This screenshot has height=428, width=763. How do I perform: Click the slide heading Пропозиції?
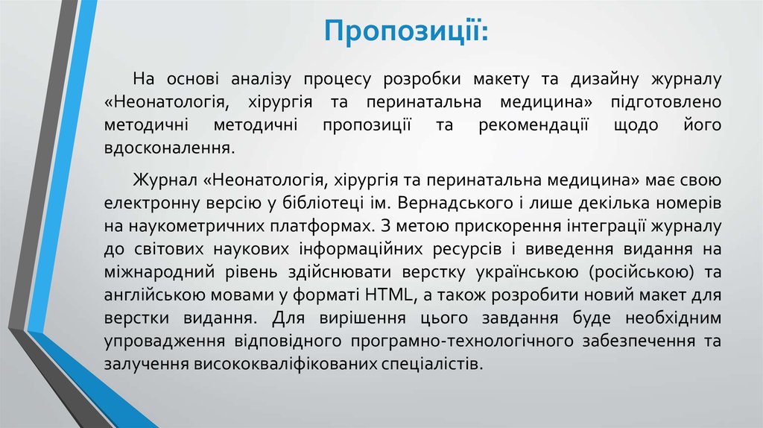tap(406, 33)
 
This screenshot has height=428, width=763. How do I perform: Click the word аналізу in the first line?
tap(258, 78)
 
